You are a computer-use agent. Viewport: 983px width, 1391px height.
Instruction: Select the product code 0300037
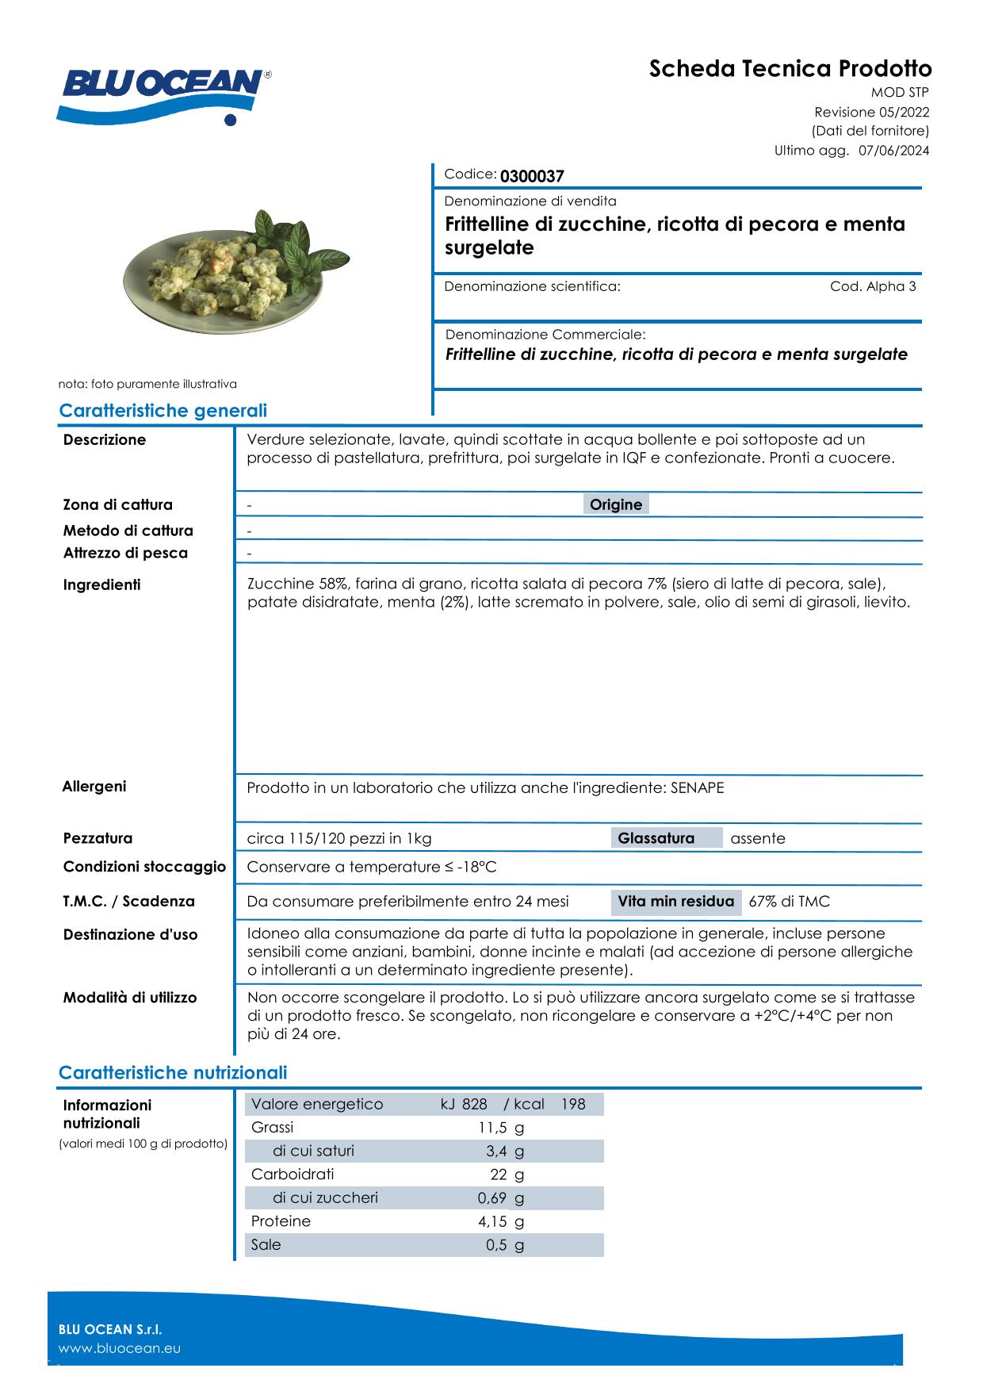[532, 176]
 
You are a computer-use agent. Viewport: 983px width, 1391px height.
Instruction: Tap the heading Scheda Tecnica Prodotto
[790, 69]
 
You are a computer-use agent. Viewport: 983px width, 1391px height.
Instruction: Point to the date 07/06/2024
[894, 151]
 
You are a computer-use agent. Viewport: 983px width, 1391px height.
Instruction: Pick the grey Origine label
[616, 504]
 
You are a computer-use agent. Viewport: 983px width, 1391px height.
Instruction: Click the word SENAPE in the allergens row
[697, 787]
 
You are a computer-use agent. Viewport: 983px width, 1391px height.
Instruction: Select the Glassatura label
[656, 838]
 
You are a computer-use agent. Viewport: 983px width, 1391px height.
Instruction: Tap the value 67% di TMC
[789, 902]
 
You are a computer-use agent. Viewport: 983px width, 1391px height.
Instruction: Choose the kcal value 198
[572, 1104]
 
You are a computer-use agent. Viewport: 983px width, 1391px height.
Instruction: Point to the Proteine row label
[281, 1221]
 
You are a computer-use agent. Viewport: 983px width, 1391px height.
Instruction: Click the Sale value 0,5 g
[505, 1245]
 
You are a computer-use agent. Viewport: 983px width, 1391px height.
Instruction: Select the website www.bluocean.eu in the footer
[120, 1348]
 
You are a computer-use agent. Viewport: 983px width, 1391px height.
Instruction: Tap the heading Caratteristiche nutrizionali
[173, 1073]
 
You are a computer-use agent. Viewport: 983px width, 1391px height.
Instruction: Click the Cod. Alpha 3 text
[873, 286]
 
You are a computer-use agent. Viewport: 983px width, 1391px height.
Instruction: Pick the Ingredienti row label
[101, 585]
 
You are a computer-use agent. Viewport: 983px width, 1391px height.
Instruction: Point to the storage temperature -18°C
[477, 867]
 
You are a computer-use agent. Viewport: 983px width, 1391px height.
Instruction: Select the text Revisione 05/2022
[871, 113]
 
